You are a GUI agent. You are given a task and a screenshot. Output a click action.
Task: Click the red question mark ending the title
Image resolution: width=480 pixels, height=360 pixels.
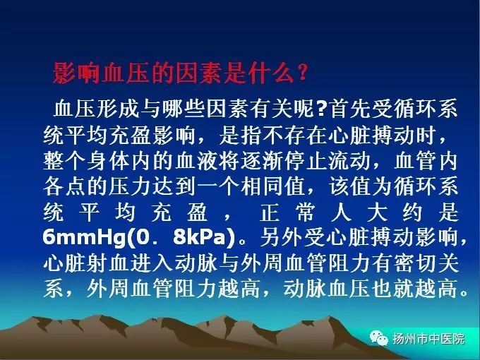point(302,72)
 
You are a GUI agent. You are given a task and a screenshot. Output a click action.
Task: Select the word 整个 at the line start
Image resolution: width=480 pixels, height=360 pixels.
point(64,161)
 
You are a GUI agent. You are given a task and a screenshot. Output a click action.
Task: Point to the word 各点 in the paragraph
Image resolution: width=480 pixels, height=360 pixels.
point(64,186)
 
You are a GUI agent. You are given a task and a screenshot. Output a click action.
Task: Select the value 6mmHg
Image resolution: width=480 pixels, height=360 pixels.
point(84,237)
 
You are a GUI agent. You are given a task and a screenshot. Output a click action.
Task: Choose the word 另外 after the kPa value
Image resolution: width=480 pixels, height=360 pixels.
point(281,237)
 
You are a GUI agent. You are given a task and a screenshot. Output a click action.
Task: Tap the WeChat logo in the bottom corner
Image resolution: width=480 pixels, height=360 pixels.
point(378,339)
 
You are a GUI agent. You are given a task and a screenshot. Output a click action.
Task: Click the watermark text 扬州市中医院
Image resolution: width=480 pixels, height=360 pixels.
point(428,339)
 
